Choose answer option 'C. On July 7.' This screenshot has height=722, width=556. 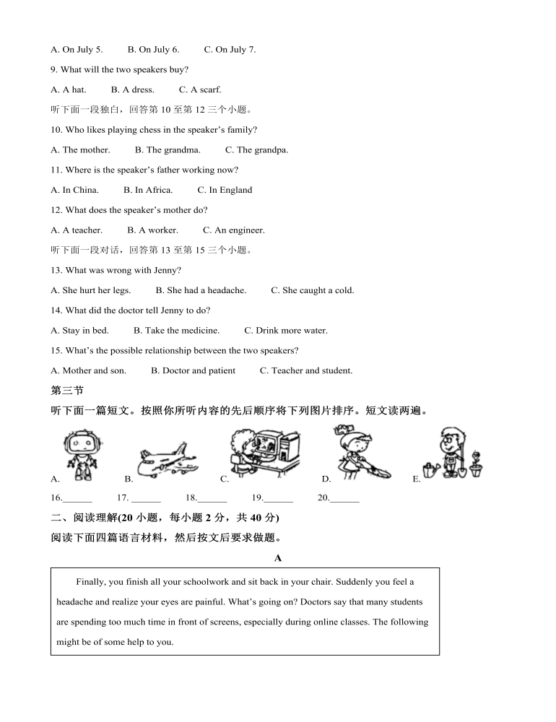pyautogui.click(x=230, y=50)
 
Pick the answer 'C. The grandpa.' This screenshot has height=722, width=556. pyautogui.click(x=256, y=150)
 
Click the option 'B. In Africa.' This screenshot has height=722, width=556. pyautogui.click(x=148, y=190)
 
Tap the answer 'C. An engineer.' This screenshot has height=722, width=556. pyautogui.click(x=233, y=230)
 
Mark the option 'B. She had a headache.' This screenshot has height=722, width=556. pyautogui.click(x=201, y=290)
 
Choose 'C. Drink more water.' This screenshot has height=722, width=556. pyautogui.click(x=285, y=331)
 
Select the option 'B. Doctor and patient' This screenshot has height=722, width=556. pyautogui.click(x=193, y=370)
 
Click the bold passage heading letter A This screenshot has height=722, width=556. pyautogui.click(x=278, y=558)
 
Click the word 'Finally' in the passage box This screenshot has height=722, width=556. pyautogui.click(x=90, y=581)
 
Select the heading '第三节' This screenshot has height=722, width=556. pyautogui.click(x=67, y=391)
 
